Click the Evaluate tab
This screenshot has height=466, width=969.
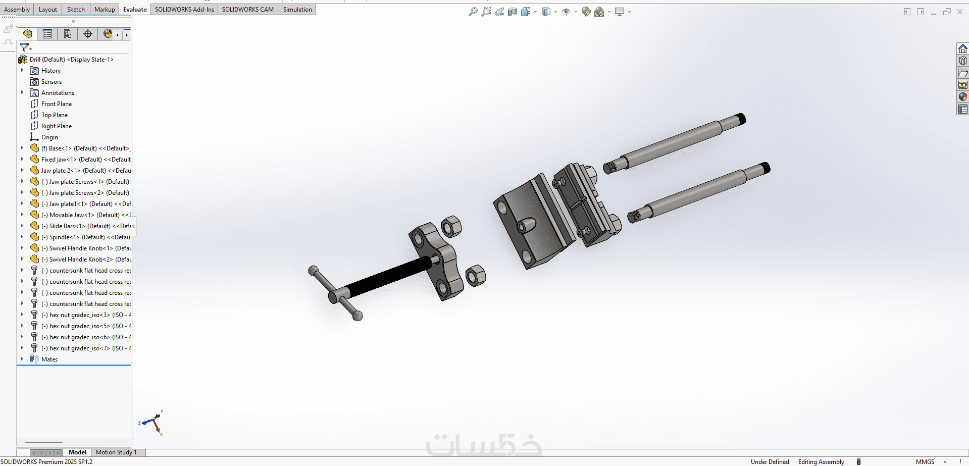[135, 10]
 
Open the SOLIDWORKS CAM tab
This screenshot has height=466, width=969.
[248, 10]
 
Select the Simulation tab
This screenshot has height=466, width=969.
[297, 10]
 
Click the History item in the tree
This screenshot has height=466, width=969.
[50, 71]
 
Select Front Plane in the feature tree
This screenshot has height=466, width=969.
[57, 104]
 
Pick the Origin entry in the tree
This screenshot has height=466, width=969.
[49, 137]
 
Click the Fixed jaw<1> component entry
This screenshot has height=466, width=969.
[86, 160]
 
